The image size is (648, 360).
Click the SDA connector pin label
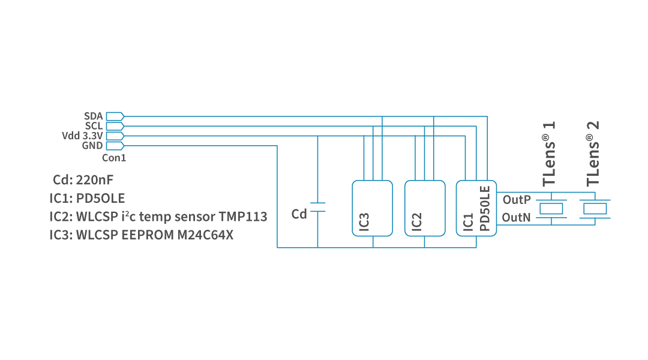click(x=93, y=116)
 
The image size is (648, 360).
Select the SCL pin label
click(x=93, y=126)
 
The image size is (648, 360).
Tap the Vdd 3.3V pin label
click(x=82, y=136)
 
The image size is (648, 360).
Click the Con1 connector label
click(x=114, y=158)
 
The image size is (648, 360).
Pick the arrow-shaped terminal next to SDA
click(x=115, y=116)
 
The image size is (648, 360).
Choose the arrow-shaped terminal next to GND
click(x=115, y=146)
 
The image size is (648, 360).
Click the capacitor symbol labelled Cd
click(x=317, y=207)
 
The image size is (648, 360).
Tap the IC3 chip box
click(x=372, y=208)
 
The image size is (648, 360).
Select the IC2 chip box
click(x=425, y=208)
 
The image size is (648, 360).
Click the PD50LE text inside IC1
click(x=485, y=208)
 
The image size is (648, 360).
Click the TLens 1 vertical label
click(x=549, y=154)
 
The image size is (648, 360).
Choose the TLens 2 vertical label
click(x=593, y=154)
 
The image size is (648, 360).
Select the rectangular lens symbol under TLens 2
click(x=595, y=208)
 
